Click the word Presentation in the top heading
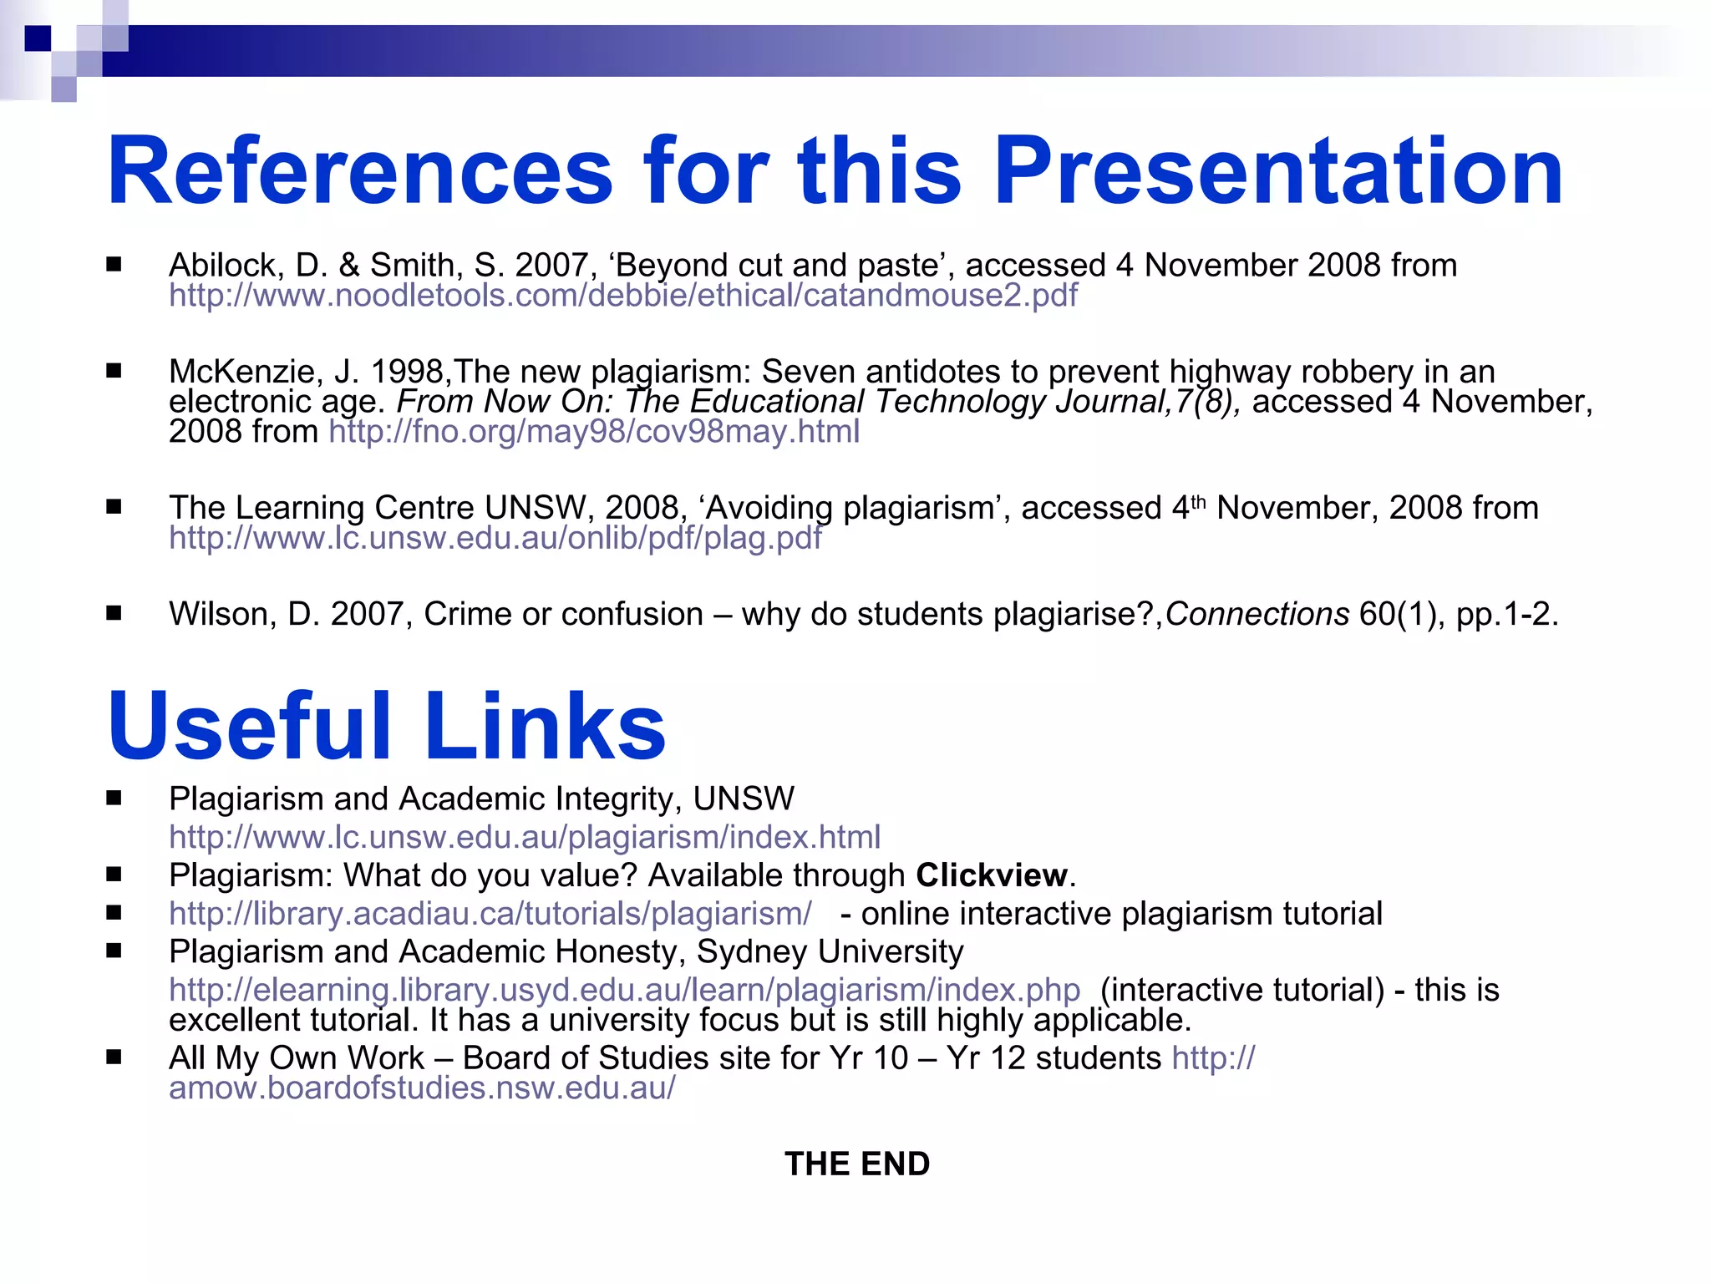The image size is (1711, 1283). [1277, 172]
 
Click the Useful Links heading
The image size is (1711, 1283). [386, 725]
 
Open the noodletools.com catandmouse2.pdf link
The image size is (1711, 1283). [622, 296]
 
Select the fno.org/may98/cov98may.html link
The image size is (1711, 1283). [594, 432]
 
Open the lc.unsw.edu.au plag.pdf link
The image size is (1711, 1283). [495, 538]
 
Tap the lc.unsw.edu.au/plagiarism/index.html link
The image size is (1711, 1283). [524, 837]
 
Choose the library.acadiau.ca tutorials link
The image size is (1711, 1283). [490, 914]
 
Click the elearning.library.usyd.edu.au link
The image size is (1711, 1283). [624, 990]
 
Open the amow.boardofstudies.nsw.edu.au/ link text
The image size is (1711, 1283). [422, 1088]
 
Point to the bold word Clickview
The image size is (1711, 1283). [992, 875]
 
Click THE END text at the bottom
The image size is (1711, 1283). [857, 1164]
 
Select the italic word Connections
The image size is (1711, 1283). [1257, 615]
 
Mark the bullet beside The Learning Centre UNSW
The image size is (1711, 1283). [114, 507]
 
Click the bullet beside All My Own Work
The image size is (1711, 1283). [114, 1057]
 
